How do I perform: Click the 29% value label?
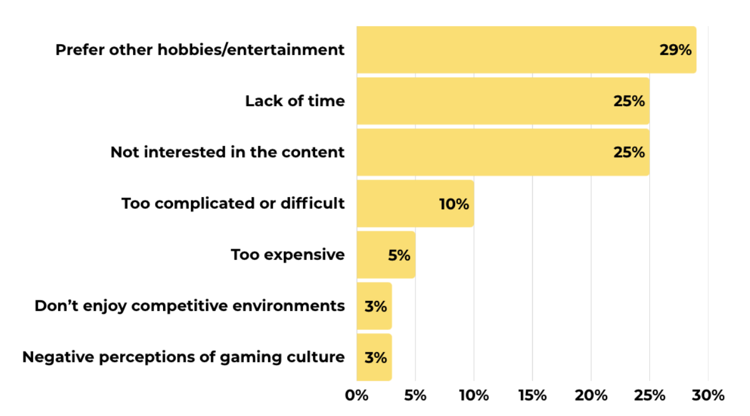(675, 50)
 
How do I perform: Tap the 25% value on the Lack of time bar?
(629, 101)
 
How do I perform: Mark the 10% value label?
(453, 204)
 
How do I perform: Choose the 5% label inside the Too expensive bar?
(399, 255)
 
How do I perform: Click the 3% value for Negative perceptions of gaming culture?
(376, 357)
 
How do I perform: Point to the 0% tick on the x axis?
(356, 396)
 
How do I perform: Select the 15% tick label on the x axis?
(532, 396)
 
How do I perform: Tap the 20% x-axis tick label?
(591, 396)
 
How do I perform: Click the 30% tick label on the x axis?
(708, 396)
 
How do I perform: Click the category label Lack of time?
(294, 101)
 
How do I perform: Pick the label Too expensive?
(287, 254)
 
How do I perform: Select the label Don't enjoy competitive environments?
(189, 306)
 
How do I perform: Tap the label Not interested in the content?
(228, 152)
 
